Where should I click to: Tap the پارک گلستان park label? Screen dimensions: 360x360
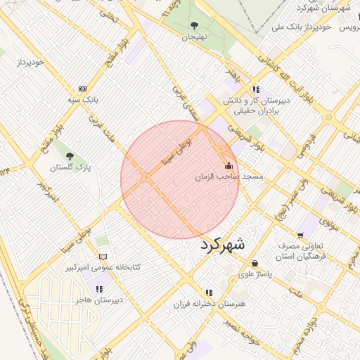(x=70, y=168)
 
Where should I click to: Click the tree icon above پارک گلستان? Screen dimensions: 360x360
(x=69, y=155)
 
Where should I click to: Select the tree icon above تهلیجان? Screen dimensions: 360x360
(x=194, y=26)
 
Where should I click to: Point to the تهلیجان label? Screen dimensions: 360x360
(x=195, y=37)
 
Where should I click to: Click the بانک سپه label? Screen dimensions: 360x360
(x=83, y=101)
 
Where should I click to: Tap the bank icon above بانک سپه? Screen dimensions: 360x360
(x=83, y=89)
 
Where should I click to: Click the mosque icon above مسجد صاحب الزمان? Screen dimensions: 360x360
(x=228, y=166)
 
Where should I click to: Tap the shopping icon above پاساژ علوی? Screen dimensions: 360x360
(x=255, y=263)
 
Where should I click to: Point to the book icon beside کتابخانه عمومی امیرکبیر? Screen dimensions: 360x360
(x=103, y=257)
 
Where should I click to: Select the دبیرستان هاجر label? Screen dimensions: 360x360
(x=99, y=300)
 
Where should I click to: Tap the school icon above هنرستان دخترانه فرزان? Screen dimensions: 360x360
(x=208, y=292)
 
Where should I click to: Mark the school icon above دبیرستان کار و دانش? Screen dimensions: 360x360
(x=255, y=89)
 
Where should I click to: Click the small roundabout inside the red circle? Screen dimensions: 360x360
(x=146, y=177)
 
